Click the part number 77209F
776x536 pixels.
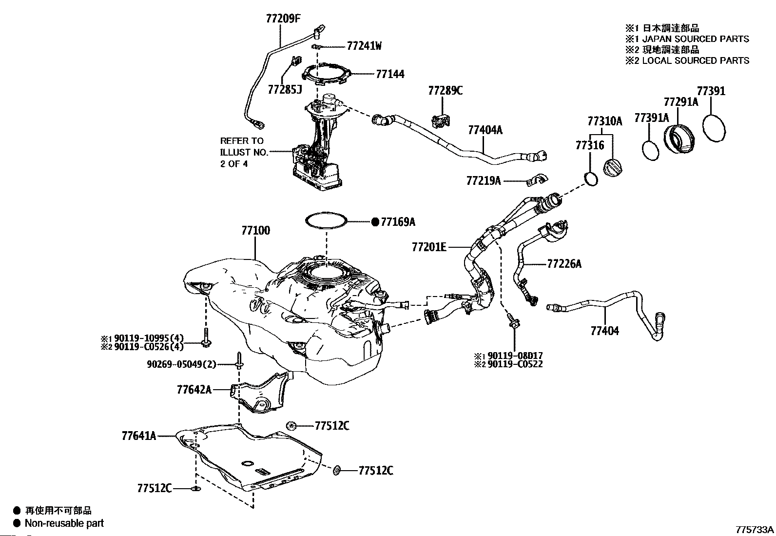click(283, 18)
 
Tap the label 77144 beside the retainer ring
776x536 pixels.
click(390, 74)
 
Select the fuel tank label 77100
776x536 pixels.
click(256, 231)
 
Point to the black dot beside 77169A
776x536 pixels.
click(375, 222)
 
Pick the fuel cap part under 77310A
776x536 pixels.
click(613, 167)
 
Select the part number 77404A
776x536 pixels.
click(485, 130)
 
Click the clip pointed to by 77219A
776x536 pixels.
click(537, 180)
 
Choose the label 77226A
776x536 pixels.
click(564, 264)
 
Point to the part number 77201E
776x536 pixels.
click(429, 247)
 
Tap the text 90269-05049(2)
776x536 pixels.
click(181, 364)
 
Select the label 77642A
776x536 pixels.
click(194, 390)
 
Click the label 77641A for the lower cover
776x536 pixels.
click(139, 436)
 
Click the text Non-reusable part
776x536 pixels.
click(64, 523)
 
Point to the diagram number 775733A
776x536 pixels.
click(755, 530)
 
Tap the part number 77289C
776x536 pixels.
click(445, 91)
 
